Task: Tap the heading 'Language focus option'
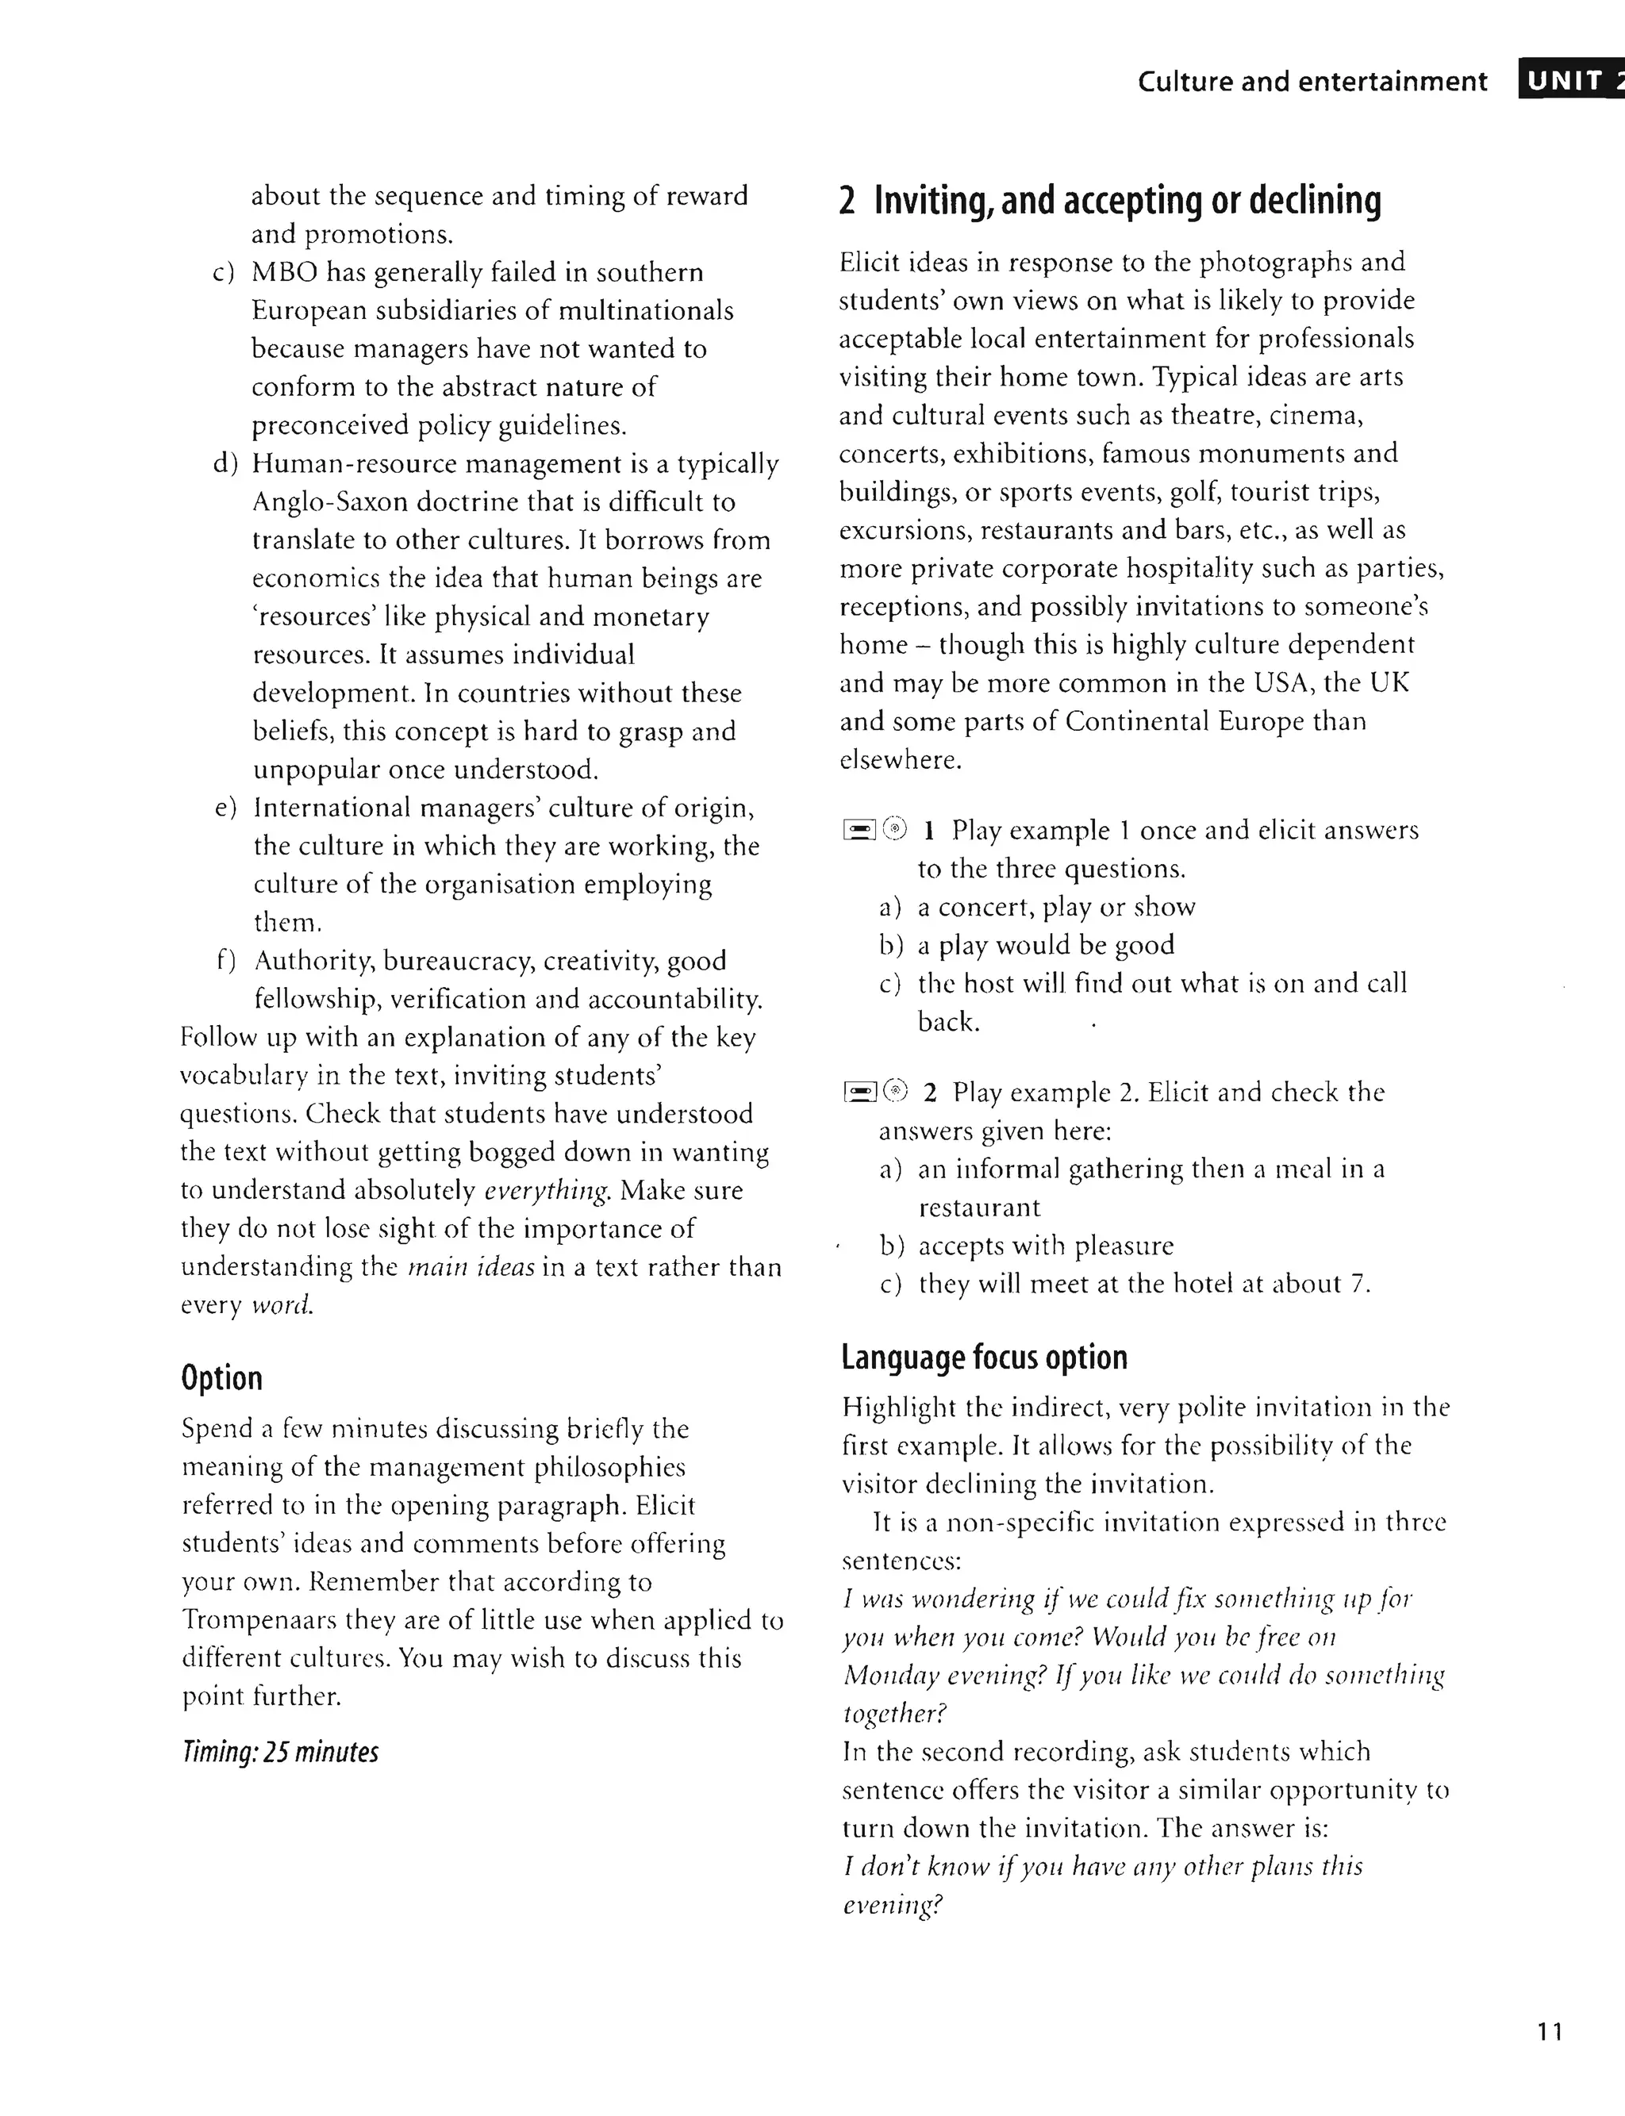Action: [x=984, y=1357]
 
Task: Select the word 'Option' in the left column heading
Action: [x=221, y=1377]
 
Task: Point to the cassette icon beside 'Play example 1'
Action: [x=859, y=830]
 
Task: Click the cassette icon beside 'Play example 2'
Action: [x=859, y=1093]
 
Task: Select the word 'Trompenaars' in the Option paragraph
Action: [x=259, y=1620]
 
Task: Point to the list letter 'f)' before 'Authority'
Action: [x=226, y=960]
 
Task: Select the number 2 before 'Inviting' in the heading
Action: [x=847, y=202]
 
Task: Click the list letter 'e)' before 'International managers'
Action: [x=225, y=808]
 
